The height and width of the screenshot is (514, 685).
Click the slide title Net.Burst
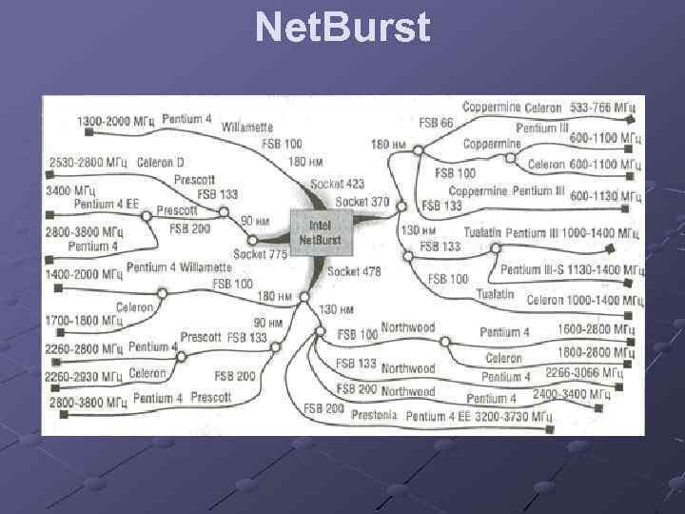click(342, 28)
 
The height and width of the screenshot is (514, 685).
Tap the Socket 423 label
click(337, 184)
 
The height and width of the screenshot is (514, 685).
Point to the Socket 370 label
click(362, 202)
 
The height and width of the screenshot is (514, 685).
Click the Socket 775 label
click(261, 254)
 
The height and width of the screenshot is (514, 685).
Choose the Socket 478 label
click(354, 271)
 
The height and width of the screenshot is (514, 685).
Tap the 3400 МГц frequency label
click(72, 191)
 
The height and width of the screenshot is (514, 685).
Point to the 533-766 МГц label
click(603, 108)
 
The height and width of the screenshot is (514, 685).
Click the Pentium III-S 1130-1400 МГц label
click(568, 269)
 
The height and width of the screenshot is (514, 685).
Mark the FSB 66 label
click(436, 124)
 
